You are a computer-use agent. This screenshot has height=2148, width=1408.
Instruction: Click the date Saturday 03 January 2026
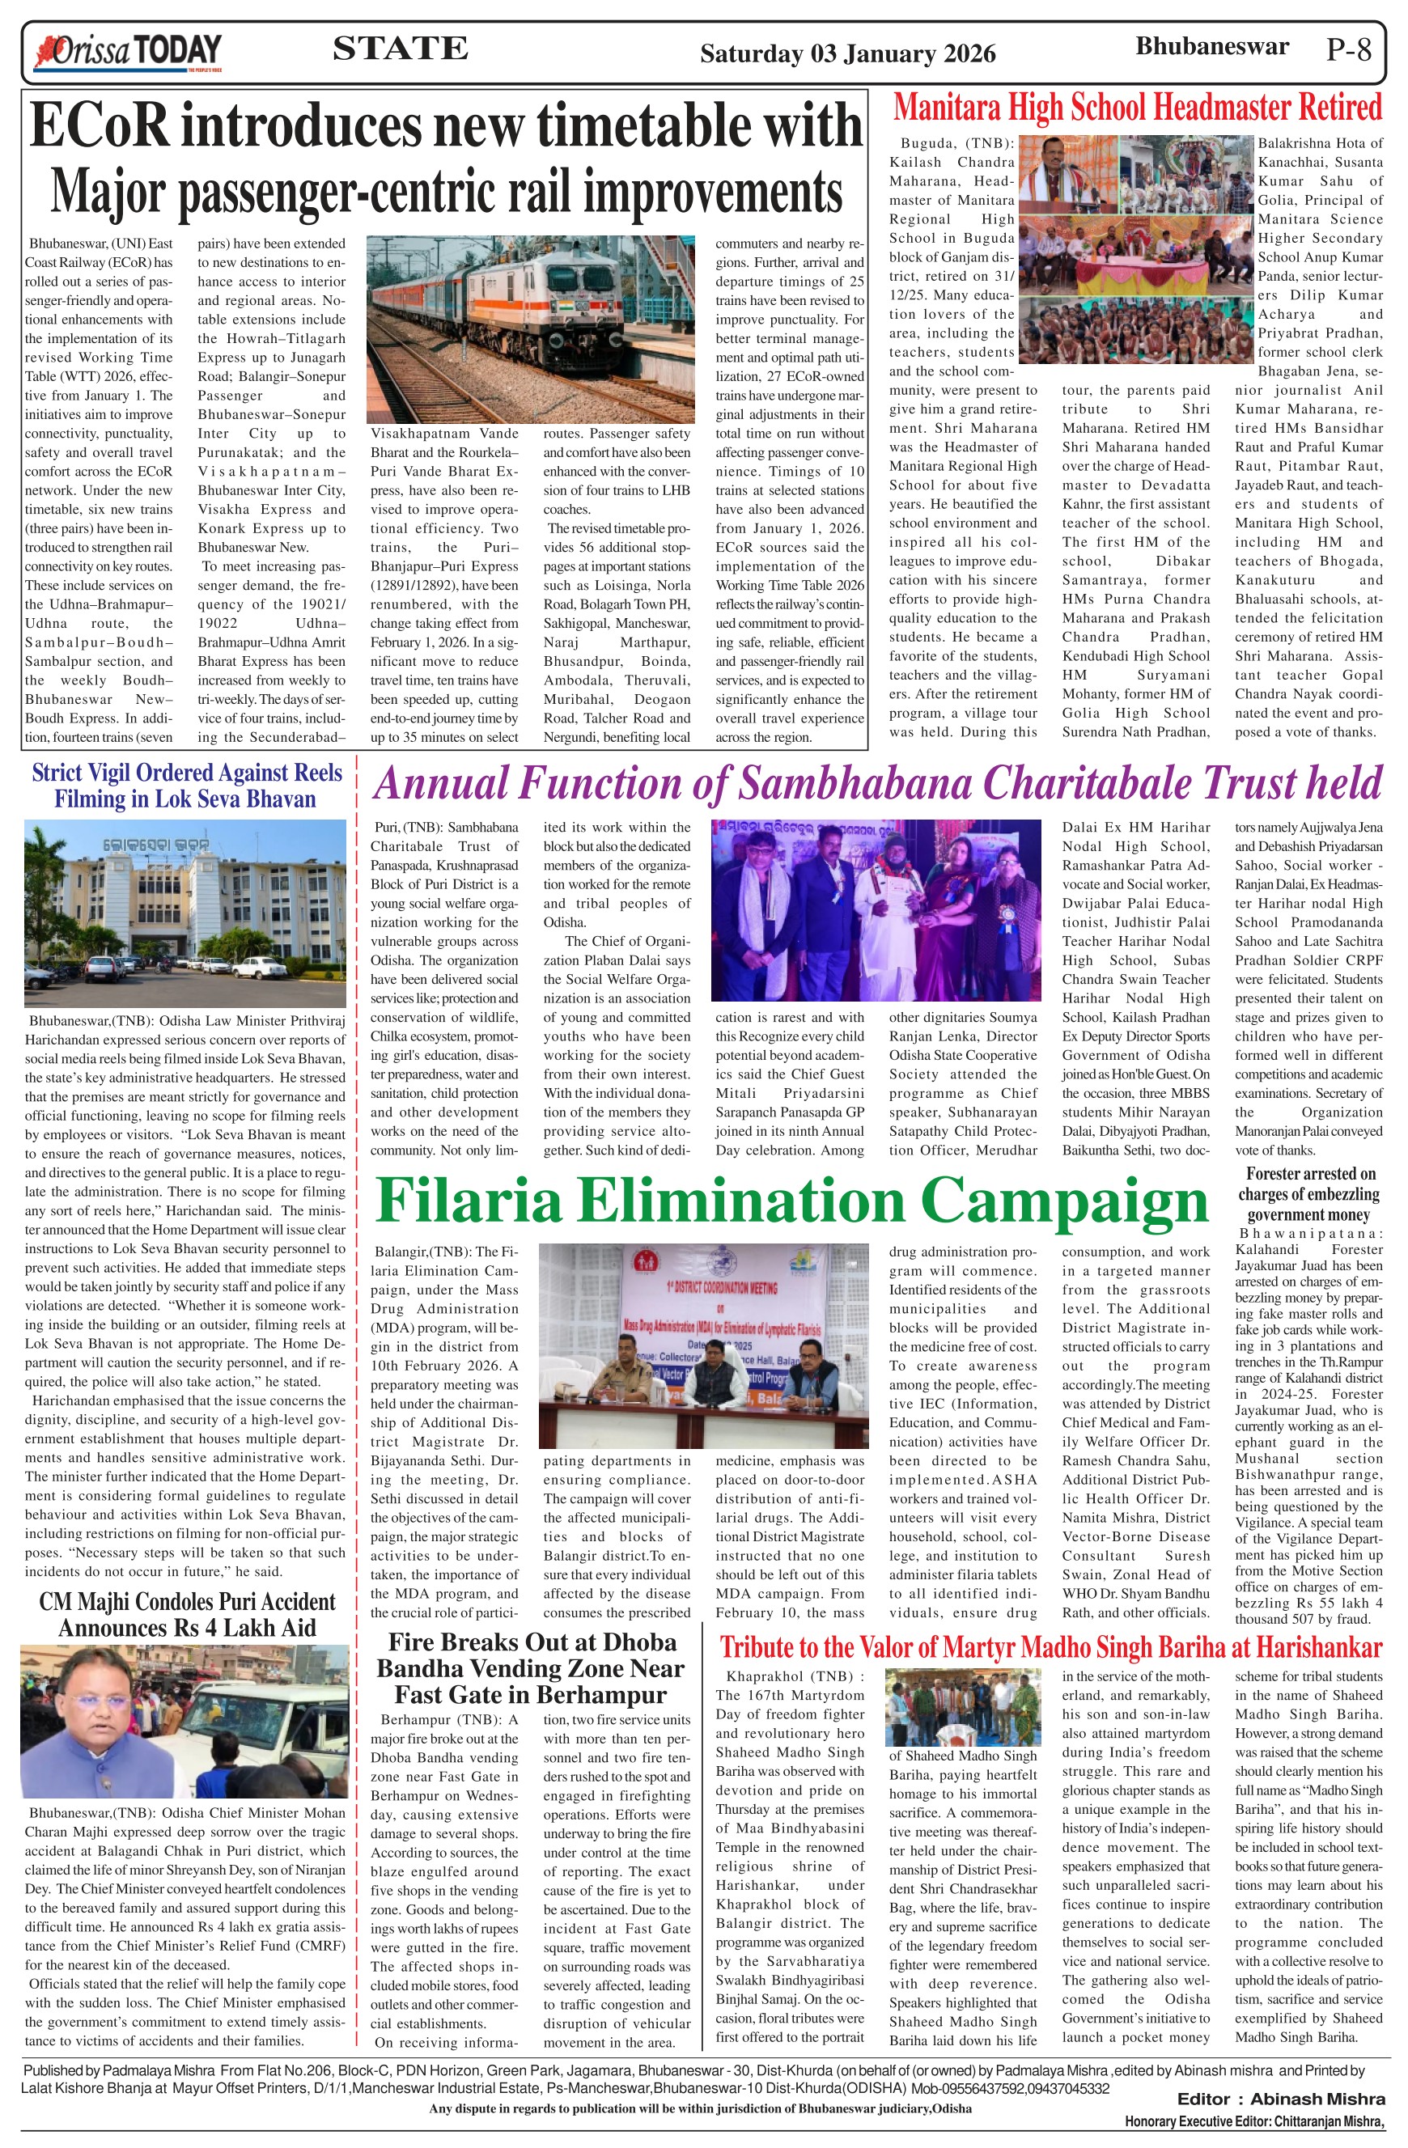pos(847,54)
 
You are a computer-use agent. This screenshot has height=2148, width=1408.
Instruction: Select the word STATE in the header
pos(400,49)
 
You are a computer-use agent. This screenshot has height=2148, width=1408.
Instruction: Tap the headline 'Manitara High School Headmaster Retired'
pos(1137,108)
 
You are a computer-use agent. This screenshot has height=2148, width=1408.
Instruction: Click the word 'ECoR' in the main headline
pos(100,126)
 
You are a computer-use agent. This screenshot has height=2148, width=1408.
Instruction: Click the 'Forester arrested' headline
pos(1309,1194)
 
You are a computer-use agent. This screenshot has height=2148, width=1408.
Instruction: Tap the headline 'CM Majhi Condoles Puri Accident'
pos(187,1615)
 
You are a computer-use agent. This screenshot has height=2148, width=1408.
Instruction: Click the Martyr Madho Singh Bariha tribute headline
pos(1050,1647)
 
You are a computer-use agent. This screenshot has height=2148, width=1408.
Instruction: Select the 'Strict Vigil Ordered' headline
pos(187,786)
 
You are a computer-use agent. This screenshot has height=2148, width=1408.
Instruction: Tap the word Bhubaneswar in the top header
pos(1211,47)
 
